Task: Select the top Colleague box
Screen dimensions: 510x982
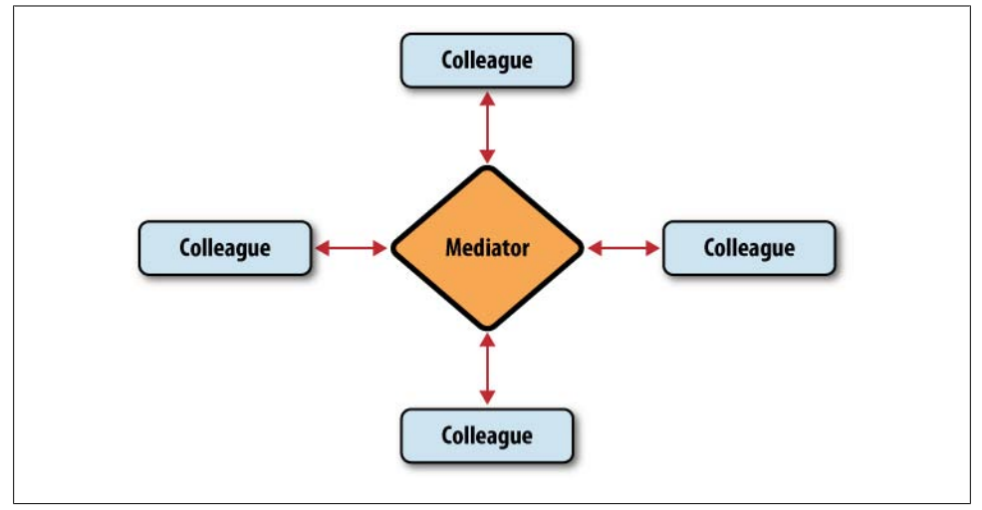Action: [x=486, y=60]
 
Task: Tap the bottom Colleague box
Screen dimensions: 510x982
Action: [x=486, y=435]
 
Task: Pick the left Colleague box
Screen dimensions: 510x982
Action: [x=224, y=247]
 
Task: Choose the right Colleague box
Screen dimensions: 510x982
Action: [x=748, y=247]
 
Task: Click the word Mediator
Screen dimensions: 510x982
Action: [x=487, y=247]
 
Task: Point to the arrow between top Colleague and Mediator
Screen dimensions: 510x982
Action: [x=487, y=127]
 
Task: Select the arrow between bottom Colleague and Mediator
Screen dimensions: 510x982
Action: [x=487, y=369]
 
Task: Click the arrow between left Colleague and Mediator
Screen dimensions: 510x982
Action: [x=351, y=248]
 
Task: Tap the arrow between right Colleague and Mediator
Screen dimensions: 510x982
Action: [x=623, y=248]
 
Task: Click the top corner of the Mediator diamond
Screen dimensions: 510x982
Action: [x=487, y=169]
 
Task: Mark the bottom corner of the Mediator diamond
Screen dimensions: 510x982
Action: [x=487, y=327]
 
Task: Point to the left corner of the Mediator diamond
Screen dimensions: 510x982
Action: [x=394, y=248]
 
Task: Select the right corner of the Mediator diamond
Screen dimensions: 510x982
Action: [x=581, y=248]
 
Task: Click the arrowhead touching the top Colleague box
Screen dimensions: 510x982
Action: [x=487, y=97]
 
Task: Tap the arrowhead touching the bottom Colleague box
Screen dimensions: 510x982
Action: [x=487, y=398]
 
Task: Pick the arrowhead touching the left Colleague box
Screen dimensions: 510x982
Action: [x=321, y=248]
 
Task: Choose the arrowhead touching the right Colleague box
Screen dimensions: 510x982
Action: [x=653, y=248]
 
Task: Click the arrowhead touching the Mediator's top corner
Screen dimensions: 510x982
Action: [x=487, y=156]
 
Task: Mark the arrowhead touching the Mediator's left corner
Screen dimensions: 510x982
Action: [x=380, y=248]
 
